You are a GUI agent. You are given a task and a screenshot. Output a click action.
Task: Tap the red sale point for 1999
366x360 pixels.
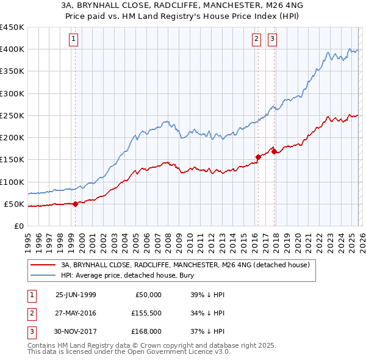[76, 204]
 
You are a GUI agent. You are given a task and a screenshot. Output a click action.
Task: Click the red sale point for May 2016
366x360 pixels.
[258, 157]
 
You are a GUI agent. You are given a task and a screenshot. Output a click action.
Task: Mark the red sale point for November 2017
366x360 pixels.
[274, 151]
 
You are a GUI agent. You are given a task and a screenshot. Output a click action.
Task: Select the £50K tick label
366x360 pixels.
[15, 204]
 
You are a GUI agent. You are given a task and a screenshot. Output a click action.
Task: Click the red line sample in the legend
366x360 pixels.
[43, 265]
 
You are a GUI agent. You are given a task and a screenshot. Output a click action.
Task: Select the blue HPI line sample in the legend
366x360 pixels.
[43, 275]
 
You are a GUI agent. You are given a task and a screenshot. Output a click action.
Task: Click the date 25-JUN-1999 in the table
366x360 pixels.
[76, 295]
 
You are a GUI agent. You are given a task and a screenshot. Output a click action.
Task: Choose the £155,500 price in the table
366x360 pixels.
[146, 313]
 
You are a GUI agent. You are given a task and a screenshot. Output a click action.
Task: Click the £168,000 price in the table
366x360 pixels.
[146, 331]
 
